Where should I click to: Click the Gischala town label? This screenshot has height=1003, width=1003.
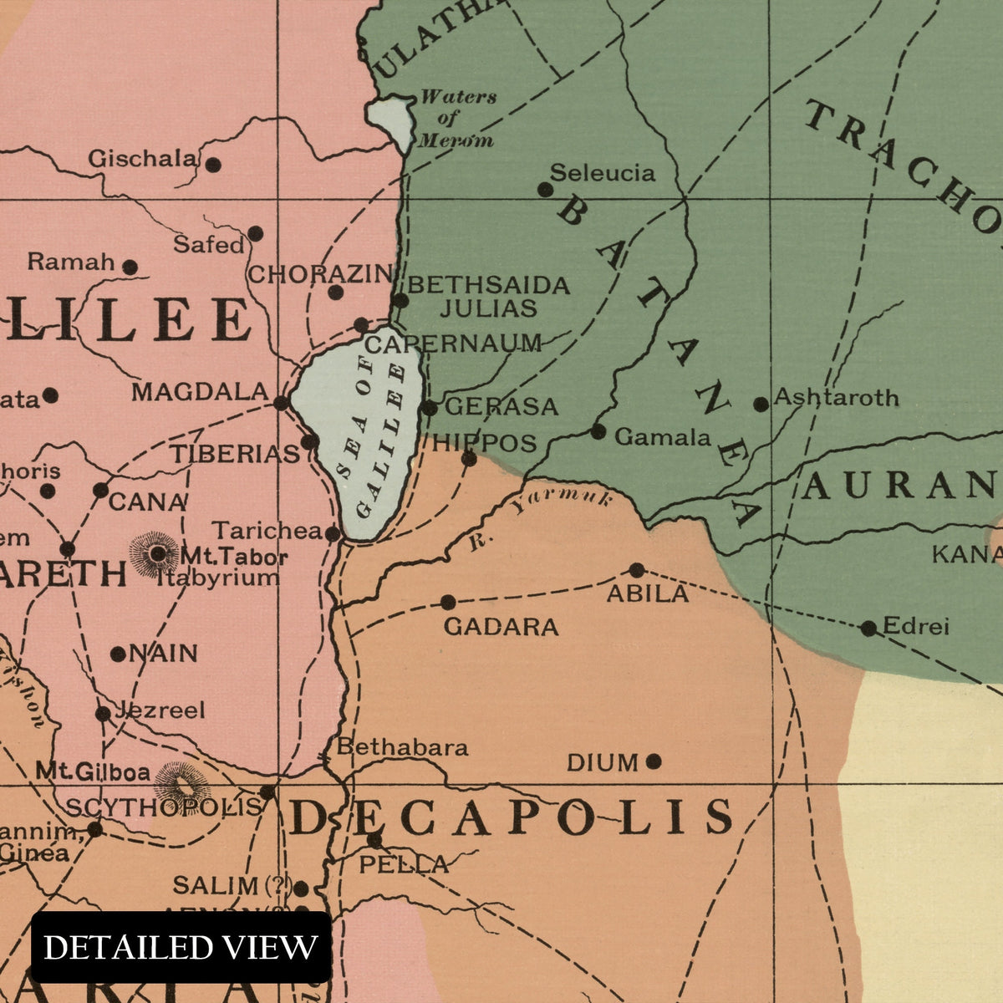coord(142,158)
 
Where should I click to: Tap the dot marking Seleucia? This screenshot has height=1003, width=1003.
coord(545,190)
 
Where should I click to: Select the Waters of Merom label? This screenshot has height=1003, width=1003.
coord(456,118)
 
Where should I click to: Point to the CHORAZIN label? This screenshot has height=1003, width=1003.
coord(319,273)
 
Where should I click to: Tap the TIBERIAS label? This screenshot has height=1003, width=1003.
coord(235,454)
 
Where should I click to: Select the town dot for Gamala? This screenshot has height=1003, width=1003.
coord(598,432)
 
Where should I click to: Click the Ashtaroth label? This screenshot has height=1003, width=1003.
coord(836,397)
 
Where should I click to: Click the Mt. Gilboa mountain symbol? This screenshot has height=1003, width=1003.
coord(180,784)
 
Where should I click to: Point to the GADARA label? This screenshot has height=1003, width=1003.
coord(501,627)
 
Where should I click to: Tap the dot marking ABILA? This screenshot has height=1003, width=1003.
coord(637,570)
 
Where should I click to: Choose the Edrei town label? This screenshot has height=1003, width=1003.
coord(915,626)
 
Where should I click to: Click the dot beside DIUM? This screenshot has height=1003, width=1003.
coord(654,761)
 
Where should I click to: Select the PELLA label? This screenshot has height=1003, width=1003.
coord(404,864)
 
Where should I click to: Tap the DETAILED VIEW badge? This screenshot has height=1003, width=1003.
coord(181,948)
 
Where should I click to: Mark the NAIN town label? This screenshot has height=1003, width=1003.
coord(162,653)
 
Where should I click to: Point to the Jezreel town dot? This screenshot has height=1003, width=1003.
coord(103,714)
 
